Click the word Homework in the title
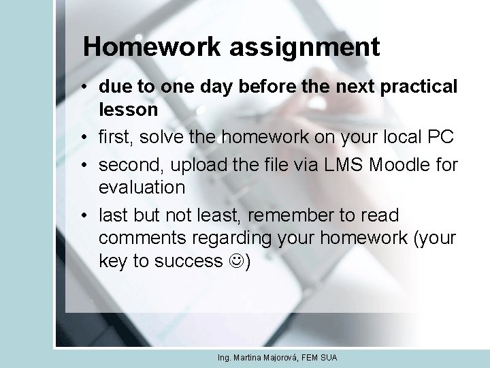click(152, 47)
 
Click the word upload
click(197, 165)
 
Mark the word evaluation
click(142, 187)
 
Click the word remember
click(298, 215)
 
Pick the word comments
click(141, 238)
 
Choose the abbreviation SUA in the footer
click(329, 358)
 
